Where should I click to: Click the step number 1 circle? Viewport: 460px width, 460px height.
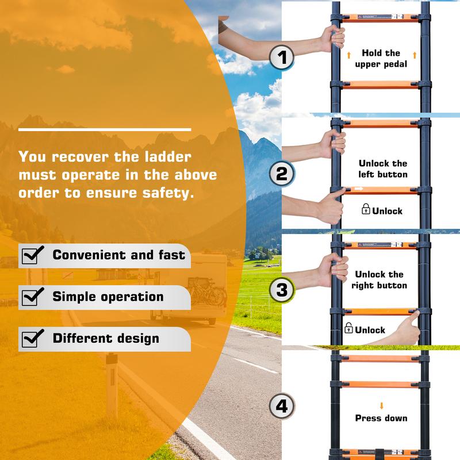pos(282,57)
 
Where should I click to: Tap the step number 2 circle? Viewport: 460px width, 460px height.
pos(282,174)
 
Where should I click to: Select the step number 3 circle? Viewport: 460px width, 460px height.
pos(282,290)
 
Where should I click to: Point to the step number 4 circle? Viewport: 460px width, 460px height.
pos(282,407)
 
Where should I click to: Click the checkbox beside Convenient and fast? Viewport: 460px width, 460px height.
pos(32,255)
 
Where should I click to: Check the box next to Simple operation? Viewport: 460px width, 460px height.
pos(32,297)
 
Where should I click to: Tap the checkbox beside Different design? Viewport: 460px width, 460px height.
pos(32,338)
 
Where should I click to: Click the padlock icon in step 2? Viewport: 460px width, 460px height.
pos(366,209)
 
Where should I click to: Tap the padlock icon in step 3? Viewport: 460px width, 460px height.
pos(348,328)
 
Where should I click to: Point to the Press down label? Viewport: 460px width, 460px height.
pos(381,418)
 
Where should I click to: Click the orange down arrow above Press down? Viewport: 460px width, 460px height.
pos(381,406)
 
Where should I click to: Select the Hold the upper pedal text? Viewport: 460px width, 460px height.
pos(381,59)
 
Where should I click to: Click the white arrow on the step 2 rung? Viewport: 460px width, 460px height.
pos(359,189)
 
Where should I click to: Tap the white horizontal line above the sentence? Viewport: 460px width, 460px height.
pos(105,129)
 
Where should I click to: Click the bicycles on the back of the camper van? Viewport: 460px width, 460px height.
pos(208,292)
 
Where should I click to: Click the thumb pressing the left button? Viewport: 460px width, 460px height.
pos(338,192)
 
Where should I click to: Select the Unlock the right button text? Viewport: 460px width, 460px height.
pos(379,280)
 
